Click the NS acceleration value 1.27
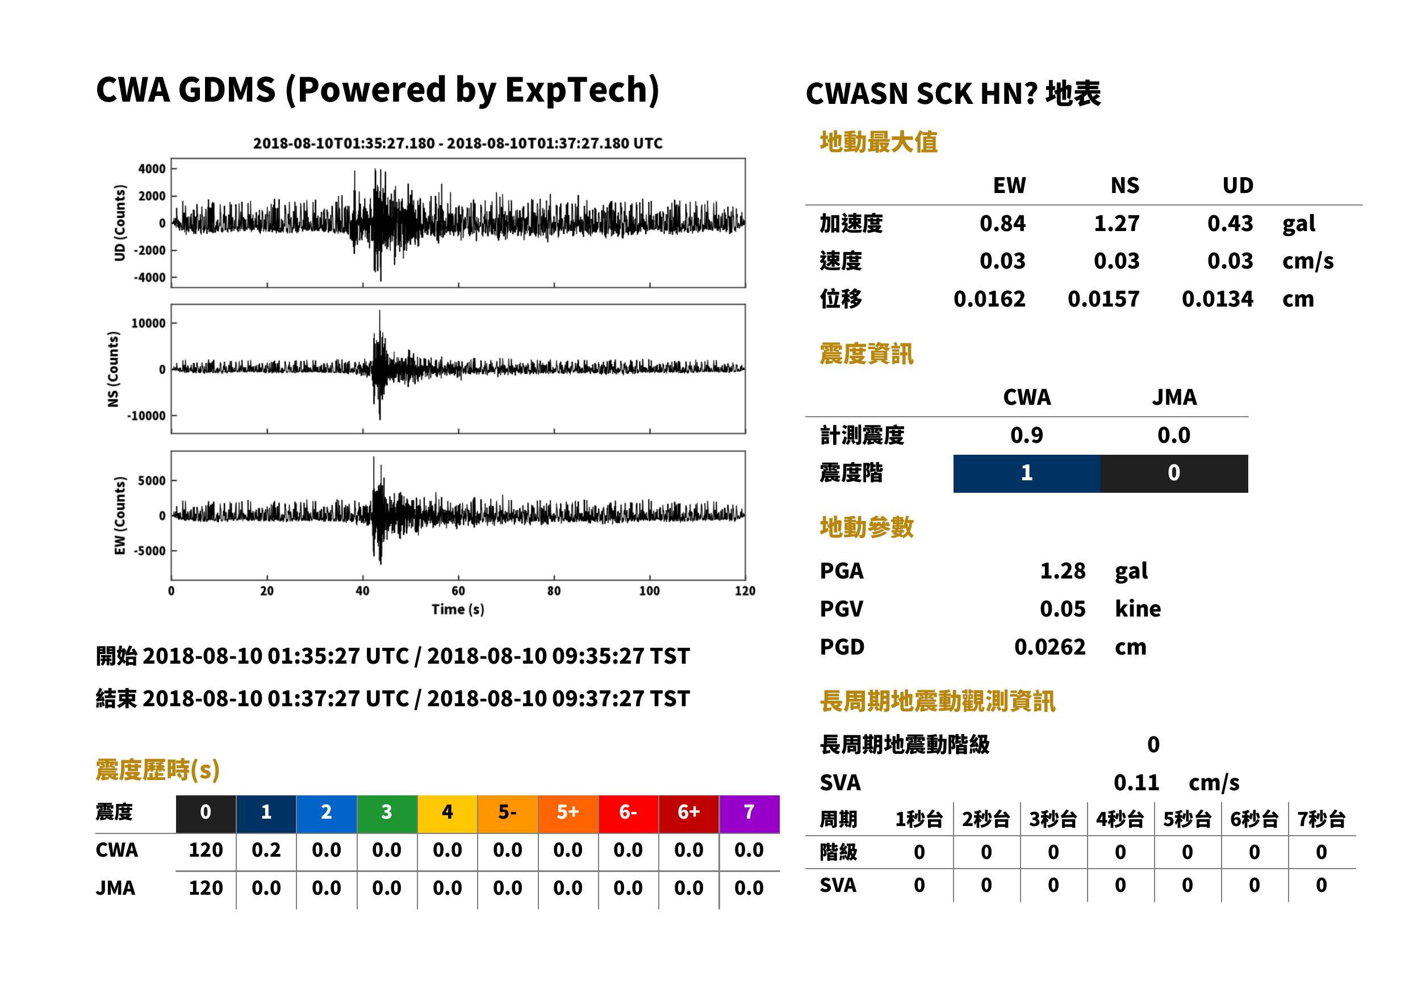click(1116, 224)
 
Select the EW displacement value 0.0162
click(989, 299)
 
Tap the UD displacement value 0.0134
click(1217, 299)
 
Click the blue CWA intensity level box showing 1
click(1027, 473)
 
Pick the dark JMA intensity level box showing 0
click(1174, 473)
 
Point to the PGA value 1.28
click(1063, 571)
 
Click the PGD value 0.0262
click(1050, 647)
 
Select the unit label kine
click(1138, 609)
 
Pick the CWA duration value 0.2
click(266, 850)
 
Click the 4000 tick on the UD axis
click(152, 169)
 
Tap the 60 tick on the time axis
click(458, 591)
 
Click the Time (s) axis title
click(458, 610)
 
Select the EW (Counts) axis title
click(120, 515)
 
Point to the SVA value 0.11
click(1136, 783)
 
